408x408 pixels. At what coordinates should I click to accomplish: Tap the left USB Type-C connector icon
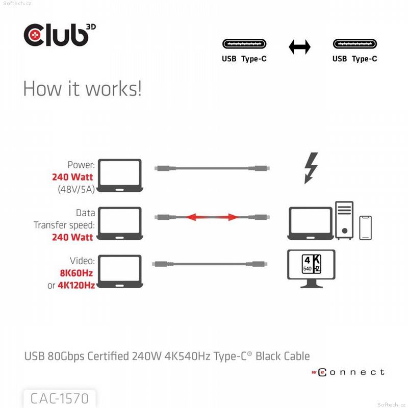coord(244,45)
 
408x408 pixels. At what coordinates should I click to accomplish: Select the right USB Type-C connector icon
coord(355,45)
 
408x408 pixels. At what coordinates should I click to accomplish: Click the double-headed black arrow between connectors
coord(299,47)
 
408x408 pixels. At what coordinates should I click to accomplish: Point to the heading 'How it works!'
coord(82,88)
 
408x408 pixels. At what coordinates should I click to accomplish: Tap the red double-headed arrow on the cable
coord(212,217)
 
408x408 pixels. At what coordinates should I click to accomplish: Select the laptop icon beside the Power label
coord(120,176)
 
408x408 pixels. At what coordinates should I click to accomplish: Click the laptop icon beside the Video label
coord(120,271)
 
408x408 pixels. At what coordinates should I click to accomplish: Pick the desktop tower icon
coord(344,220)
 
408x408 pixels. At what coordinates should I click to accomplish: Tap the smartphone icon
coord(365,227)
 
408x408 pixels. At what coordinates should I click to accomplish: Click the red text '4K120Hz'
coord(76,285)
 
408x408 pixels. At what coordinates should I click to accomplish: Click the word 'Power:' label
coord(81,165)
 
